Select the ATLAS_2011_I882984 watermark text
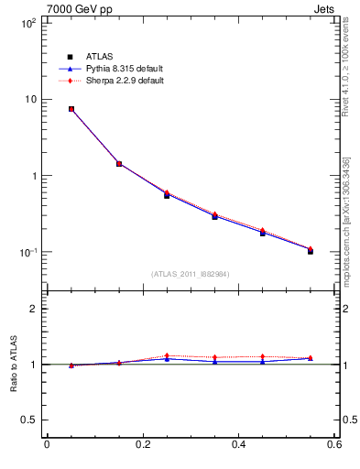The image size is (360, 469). tap(191, 274)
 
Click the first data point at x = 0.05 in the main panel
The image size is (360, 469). tap(71, 109)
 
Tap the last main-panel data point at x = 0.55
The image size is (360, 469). tap(311, 250)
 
